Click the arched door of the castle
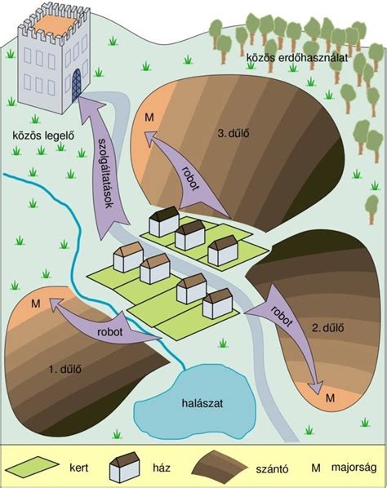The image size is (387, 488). [76, 85]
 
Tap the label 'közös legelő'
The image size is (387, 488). [43, 135]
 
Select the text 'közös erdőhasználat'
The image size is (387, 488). [297, 58]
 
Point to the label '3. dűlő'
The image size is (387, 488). [234, 134]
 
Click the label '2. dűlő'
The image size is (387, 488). [328, 328]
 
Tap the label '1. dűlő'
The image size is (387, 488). [65, 369]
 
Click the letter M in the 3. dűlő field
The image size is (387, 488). [149, 118]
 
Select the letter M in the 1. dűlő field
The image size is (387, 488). [36, 304]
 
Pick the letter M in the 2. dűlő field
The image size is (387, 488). [330, 397]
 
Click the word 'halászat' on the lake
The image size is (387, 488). [202, 403]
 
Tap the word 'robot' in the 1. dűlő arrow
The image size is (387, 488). [110, 332]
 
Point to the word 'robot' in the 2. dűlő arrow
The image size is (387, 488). [282, 317]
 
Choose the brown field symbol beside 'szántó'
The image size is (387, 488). [220, 465]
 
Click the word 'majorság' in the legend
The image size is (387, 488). [354, 468]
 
